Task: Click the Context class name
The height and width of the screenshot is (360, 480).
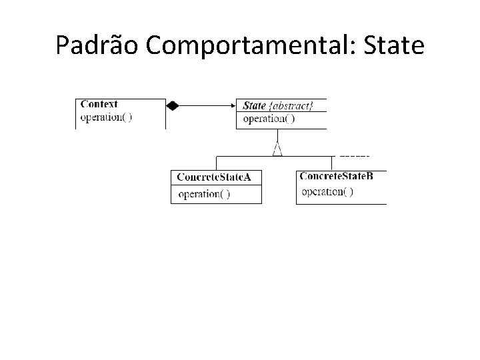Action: click(x=99, y=104)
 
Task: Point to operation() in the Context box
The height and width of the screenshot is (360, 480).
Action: click(x=106, y=117)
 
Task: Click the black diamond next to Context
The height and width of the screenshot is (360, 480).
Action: click(x=173, y=105)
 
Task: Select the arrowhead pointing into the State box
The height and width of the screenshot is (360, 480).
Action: click(x=232, y=105)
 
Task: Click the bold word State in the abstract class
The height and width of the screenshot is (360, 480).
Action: click(x=254, y=105)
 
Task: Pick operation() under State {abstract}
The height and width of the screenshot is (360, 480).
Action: click(x=269, y=119)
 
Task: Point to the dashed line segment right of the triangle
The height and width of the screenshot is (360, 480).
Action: click(x=354, y=157)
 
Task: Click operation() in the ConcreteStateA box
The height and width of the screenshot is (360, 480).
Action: click(x=203, y=194)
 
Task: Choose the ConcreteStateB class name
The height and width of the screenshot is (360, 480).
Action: click(x=337, y=176)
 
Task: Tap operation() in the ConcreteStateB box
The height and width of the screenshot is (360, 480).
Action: click(x=327, y=192)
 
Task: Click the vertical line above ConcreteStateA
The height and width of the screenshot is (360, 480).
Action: click(x=216, y=163)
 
